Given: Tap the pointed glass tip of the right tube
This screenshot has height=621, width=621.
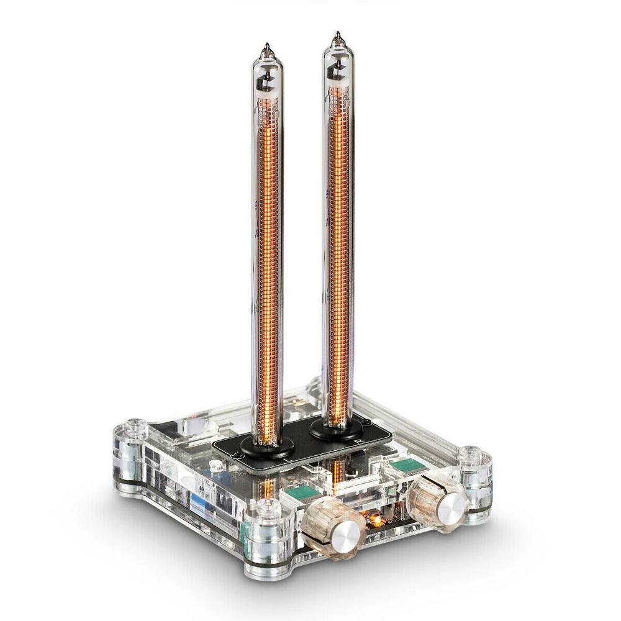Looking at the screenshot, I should [337, 36].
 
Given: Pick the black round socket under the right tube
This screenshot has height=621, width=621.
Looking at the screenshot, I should [337, 427].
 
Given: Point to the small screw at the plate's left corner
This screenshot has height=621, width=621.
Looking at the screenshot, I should [233, 455].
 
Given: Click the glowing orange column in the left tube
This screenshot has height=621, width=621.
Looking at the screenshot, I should [270, 279].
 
